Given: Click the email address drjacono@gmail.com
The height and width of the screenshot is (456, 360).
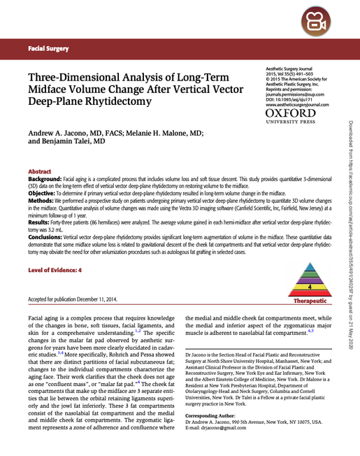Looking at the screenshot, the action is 223,428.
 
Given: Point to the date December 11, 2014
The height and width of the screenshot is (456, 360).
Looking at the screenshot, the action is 96,299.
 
